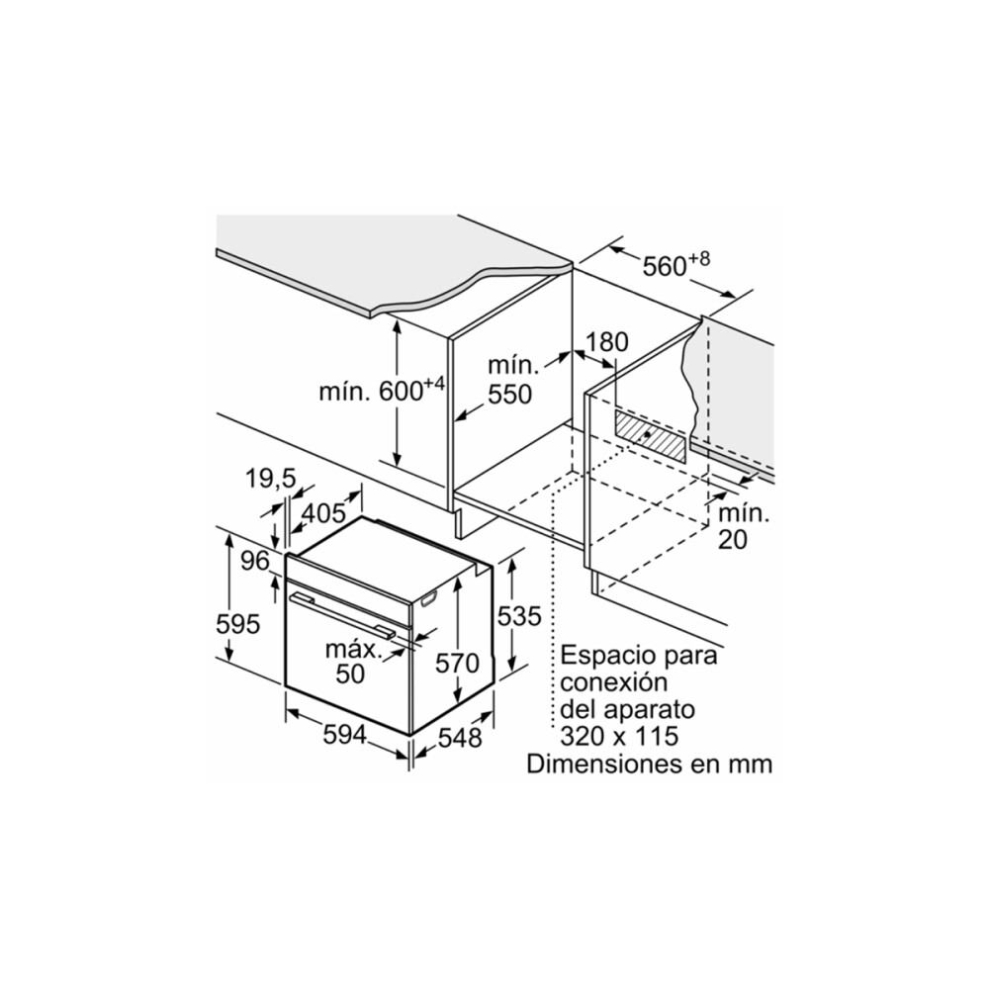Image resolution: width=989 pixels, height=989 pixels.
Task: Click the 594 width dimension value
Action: click(344, 734)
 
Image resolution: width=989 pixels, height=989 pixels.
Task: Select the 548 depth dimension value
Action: click(460, 738)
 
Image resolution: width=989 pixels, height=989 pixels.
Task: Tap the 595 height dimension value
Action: click(237, 624)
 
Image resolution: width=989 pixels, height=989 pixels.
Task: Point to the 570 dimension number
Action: click(457, 663)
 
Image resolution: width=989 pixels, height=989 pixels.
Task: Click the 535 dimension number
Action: click(519, 616)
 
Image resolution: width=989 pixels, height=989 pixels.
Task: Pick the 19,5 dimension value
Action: click(271, 479)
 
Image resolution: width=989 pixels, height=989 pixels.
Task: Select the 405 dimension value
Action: click(324, 513)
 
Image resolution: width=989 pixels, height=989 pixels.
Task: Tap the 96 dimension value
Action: click(255, 560)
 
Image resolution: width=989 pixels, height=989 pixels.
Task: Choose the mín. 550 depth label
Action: click(511, 381)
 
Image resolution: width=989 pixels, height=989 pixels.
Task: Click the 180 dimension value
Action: click(607, 342)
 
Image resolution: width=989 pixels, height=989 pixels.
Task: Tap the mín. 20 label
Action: click(743, 526)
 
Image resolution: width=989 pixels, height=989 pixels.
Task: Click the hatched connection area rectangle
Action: click(649, 435)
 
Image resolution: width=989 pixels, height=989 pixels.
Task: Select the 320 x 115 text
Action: click(619, 736)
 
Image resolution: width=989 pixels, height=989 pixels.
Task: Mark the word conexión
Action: click(614, 682)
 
